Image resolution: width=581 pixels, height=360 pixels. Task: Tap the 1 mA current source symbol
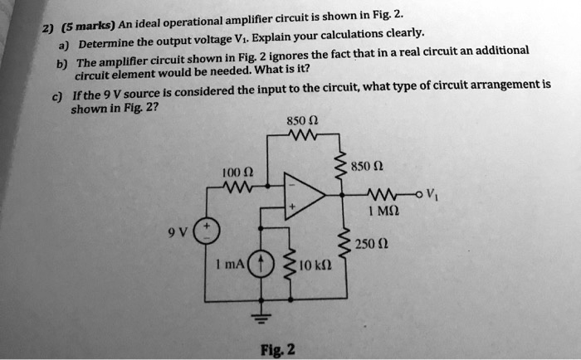tap(261, 264)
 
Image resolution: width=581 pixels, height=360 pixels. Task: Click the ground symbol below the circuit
tap(261, 318)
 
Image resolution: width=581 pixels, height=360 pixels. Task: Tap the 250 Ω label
tap(372, 245)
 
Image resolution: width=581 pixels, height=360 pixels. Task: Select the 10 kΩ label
tap(315, 265)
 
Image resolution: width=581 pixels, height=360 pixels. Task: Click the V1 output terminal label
tap(432, 194)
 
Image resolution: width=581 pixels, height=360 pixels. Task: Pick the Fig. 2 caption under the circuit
tap(278, 349)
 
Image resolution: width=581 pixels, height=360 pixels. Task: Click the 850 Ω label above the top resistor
tap(302, 121)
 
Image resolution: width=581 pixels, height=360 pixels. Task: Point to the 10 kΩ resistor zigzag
tap(290, 260)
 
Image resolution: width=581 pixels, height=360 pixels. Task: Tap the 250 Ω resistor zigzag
tap(345, 242)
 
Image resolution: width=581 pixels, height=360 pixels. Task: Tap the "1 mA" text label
tap(230, 264)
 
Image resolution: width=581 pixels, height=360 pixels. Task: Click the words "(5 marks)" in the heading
tap(89, 26)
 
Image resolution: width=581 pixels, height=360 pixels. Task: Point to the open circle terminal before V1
tap(419, 194)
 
